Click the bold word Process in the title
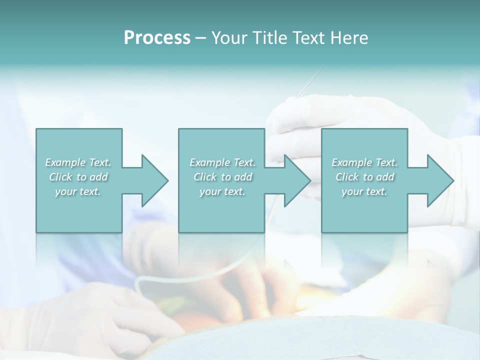[157, 37]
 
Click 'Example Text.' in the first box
[78, 162]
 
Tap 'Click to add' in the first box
[78, 177]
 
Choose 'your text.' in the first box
[78, 191]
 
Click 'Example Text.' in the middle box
[222, 162]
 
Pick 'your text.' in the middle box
[222, 191]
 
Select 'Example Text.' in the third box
[364, 162]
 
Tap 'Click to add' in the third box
[365, 177]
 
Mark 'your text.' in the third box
[364, 191]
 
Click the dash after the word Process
[201, 38]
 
